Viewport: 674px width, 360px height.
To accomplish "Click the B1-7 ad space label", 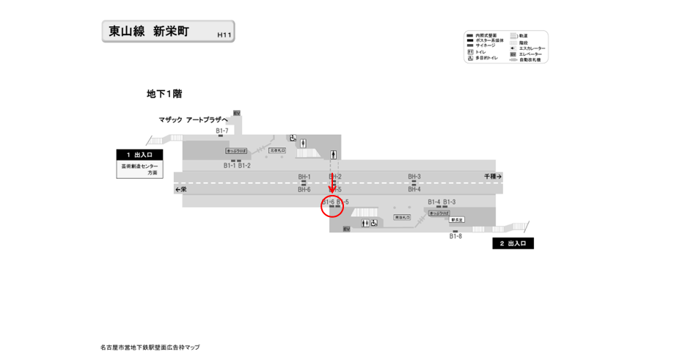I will [222, 131].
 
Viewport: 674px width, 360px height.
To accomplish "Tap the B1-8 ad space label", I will [455, 236].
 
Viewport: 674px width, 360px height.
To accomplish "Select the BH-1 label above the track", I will [304, 177].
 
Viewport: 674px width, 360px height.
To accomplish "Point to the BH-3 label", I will [414, 177].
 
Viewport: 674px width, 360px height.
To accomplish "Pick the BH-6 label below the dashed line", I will [304, 190].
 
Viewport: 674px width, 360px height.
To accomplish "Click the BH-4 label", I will [414, 190].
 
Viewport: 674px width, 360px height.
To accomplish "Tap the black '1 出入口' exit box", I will [139, 155].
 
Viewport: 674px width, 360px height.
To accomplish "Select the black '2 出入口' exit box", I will [513, 243].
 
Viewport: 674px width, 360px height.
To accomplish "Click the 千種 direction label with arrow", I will [493, 177].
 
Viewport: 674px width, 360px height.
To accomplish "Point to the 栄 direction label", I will [180, 190].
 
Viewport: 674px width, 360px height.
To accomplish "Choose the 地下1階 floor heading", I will [164, 94].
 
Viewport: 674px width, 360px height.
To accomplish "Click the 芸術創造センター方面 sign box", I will [139, 169].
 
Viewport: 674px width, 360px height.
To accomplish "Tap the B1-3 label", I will [450, 202].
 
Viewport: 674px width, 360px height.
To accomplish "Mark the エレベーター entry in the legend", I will [528, 54].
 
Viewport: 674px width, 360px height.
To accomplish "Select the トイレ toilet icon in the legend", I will [470, 52].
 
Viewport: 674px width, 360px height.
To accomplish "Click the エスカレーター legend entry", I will [528, 48].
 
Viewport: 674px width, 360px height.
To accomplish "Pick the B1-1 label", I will [230, 166].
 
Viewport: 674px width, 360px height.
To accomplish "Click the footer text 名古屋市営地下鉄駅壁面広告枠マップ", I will [150, 348].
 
